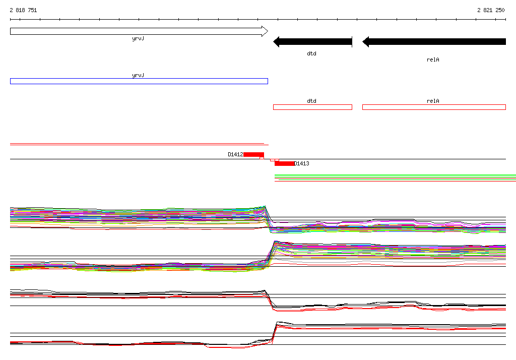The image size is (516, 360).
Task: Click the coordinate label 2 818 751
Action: (23, 10)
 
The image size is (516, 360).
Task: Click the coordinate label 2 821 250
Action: (491, 10)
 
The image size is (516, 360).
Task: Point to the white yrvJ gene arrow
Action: (139, 31)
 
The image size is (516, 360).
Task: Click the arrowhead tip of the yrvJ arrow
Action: (268, 31)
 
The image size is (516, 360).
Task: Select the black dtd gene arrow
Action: (312, 42)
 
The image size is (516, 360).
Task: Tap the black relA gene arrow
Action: (434, 42)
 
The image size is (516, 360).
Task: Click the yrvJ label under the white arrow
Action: (138, 38)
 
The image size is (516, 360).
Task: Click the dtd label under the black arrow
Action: (311, 53)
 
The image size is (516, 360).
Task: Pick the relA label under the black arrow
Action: (433, 59)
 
